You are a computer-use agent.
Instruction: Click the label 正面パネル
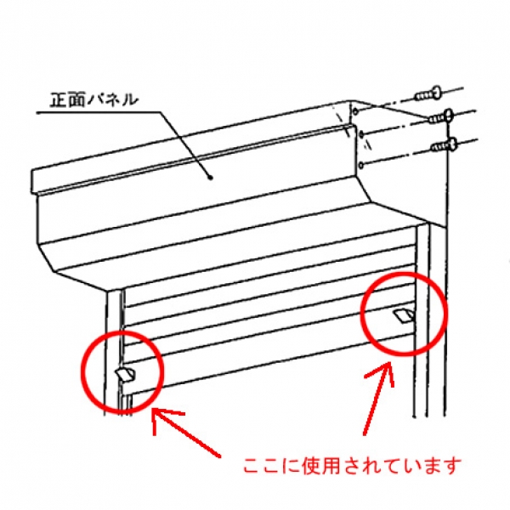click(93, 99)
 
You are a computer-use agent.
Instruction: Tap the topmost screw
click(428, 93)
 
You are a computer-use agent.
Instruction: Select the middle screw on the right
click(440, 117)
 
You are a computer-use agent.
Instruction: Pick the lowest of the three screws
click(444, 145)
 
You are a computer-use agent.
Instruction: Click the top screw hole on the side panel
click(355, 111)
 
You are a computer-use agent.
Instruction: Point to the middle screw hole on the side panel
click(360, 134)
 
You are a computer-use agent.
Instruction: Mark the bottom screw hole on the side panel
click(361, 166)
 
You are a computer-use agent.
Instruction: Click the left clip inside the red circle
click(126, 375)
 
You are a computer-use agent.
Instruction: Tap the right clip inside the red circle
click(404, 315)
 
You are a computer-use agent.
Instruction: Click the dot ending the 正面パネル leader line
click(211, 178)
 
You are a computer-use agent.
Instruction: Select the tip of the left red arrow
click(154, 410)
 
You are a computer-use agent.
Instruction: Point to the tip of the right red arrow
click(389, 363)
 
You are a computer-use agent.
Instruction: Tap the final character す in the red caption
click(451, 466)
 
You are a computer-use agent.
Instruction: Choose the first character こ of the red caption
click(253, 467)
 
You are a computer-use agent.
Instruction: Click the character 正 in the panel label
click(58, 99)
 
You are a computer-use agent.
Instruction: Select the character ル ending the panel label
click(129, 100)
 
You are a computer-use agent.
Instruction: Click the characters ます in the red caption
click(442, 466)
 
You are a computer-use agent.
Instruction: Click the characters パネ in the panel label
click(105, 99)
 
